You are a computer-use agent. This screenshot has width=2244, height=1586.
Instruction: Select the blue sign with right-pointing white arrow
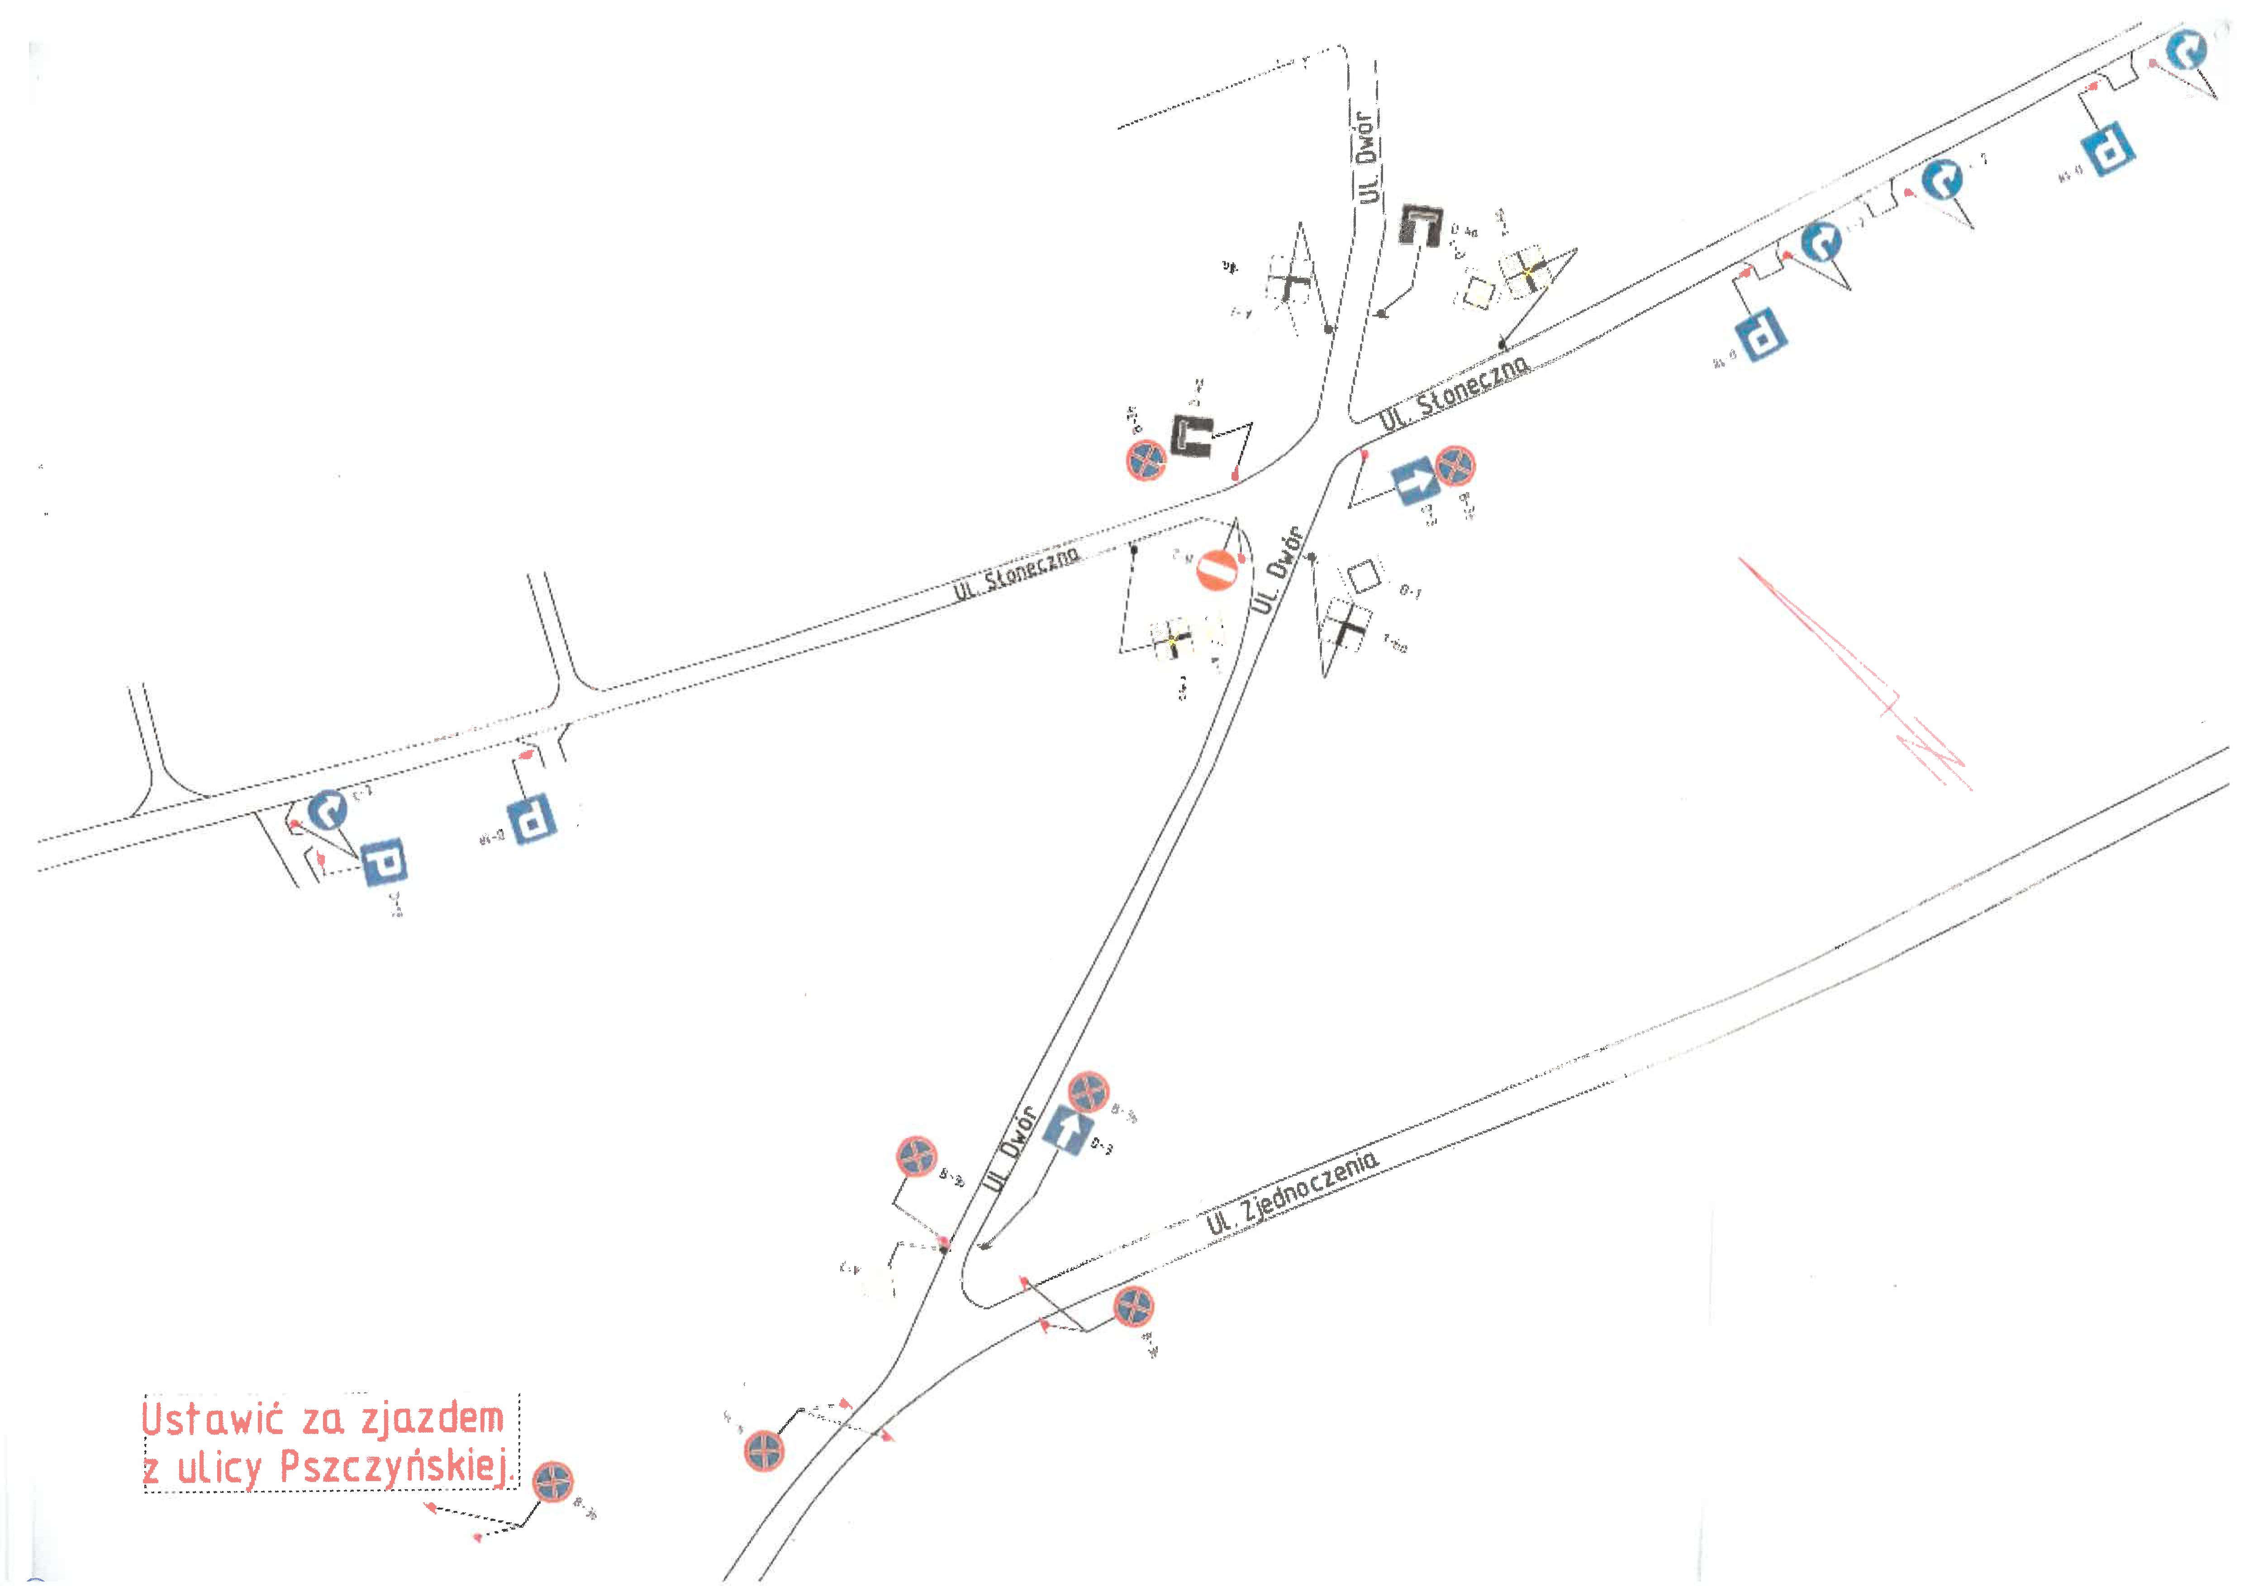[x=1414, y=481]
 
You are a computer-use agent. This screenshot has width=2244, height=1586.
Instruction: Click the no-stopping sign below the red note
[x=553, y=1482]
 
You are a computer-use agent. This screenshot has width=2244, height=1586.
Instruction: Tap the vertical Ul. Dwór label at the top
[x=1368, y=156]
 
